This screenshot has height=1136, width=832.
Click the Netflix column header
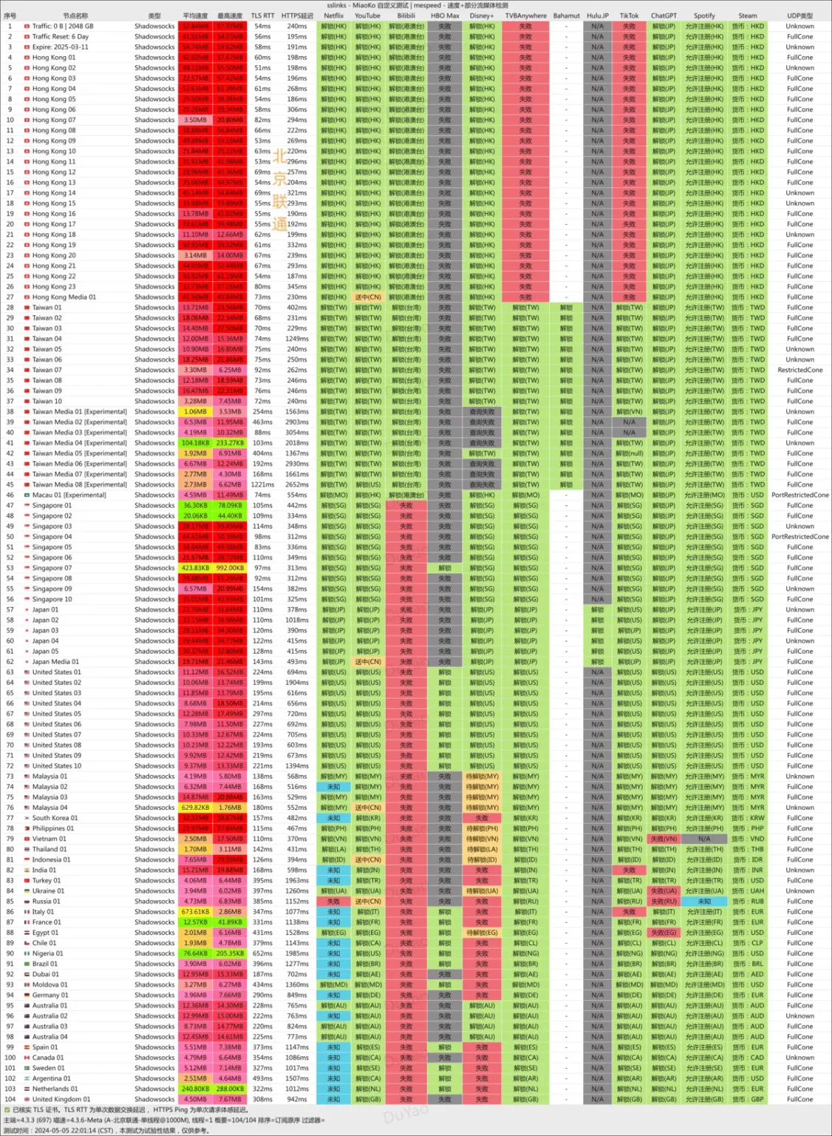coord(333,16)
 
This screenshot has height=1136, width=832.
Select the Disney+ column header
coord(481,16)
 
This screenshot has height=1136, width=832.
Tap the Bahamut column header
coord(566,16)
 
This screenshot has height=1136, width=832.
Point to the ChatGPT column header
coord(663,16)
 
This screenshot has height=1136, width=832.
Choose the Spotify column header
coord(704,16)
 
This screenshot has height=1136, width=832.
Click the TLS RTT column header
coord(262,16)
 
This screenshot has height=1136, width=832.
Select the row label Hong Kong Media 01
coord(64,297)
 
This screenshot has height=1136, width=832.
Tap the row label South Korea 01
coord(55,818)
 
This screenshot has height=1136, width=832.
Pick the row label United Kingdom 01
coord(61,1100)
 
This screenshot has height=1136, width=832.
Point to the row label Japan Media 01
coord(55,662)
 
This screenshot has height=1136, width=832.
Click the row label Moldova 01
coord(50,985)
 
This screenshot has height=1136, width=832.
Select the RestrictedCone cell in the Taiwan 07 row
coord(799,370)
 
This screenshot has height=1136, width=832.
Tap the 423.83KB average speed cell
coord(195,568)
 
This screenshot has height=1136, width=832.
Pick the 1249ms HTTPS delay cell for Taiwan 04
coord(297,339)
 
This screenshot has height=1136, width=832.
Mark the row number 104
coord(10,1100)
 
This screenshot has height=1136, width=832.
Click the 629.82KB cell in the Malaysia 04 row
coord(195,808)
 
